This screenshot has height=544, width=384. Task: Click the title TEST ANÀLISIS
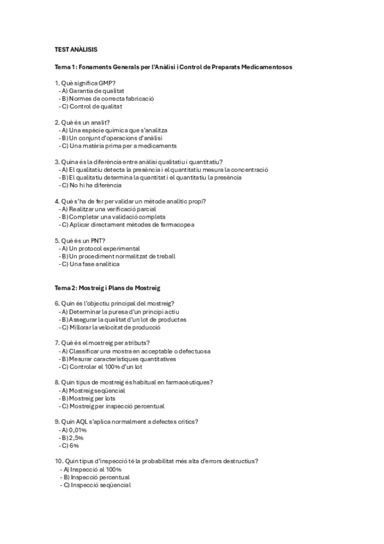76,49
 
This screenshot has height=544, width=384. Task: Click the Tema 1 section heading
174,67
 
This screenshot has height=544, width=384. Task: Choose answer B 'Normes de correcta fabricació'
110,99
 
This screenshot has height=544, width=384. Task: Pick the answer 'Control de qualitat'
94,106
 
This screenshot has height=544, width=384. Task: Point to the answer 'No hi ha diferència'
93,185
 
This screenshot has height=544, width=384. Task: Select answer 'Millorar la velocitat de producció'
113,327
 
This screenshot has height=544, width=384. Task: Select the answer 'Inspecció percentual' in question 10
99,477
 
